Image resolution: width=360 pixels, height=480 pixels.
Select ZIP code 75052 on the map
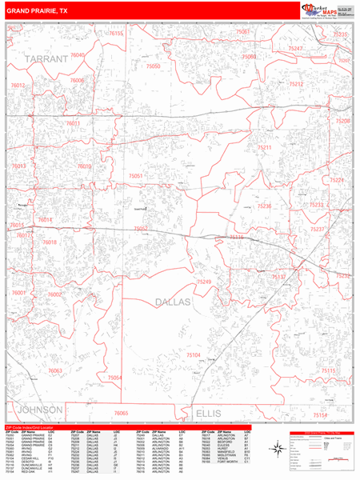coord(142,229)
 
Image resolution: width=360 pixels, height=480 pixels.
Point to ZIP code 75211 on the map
coord(265,148)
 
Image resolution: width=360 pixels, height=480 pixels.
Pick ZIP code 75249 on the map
coord(205,282)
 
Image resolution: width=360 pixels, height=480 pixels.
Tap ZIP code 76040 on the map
coord(78,54)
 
